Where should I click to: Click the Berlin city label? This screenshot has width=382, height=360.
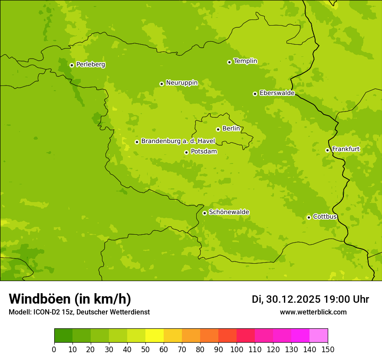point(231,129)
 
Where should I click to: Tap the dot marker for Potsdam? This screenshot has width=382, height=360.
point(186,152)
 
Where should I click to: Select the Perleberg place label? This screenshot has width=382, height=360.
point(91,65)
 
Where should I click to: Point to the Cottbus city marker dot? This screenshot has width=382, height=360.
point(309,217)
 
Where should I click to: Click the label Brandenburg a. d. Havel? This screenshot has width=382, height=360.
point(178,141)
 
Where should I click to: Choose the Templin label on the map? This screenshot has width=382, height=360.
point(245,61)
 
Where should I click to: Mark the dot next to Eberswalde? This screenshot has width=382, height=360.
point(255,94)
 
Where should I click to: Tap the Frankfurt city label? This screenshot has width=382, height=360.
point(346,149)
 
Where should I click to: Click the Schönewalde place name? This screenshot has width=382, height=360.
point(229,212)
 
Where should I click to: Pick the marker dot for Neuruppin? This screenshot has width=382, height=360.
point(161,84)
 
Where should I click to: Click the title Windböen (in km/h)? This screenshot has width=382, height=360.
point(69,299)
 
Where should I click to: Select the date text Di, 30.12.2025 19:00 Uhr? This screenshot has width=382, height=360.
point(310,299)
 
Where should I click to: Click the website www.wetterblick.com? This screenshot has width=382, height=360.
point(313,312)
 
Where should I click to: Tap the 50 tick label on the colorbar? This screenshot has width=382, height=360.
point(145,350)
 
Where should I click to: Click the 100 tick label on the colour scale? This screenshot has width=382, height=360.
point(237,350)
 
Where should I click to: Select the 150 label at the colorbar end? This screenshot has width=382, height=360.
point(328,350)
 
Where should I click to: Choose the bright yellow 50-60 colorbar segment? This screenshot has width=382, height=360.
point(155,336)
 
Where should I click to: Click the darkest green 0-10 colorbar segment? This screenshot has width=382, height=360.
point(63,336)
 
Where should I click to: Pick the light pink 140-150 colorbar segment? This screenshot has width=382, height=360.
point(319,336)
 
